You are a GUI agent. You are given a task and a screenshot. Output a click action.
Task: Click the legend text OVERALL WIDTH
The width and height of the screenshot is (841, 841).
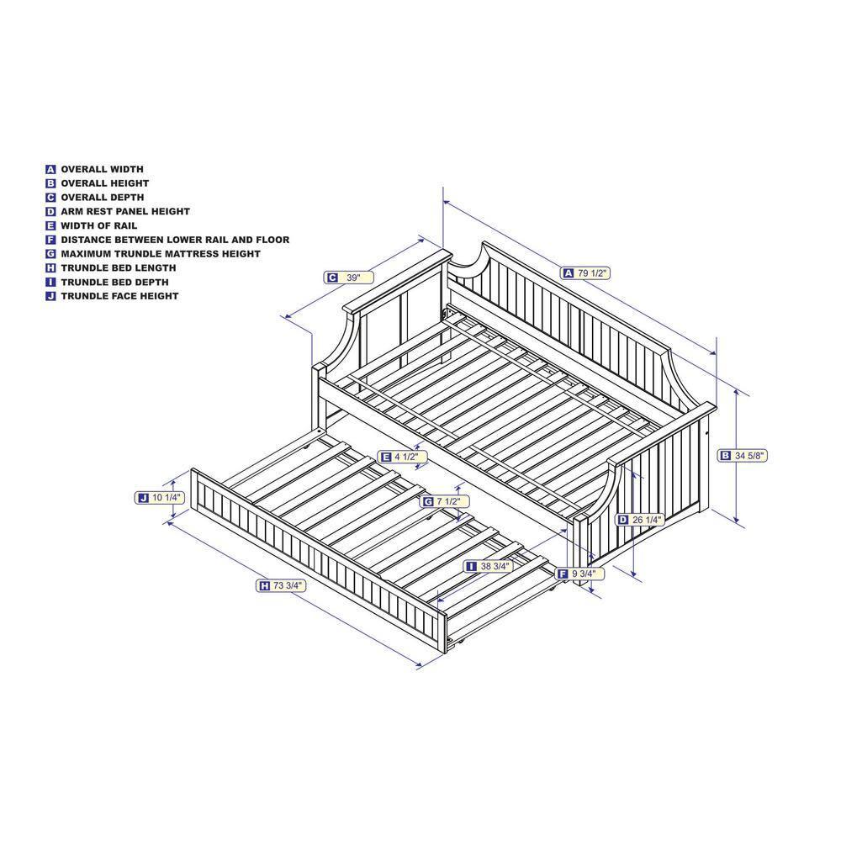click(x=102, y=169)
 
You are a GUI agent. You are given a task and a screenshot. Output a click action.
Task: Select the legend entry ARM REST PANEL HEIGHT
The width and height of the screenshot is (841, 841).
click(x=125, y=212)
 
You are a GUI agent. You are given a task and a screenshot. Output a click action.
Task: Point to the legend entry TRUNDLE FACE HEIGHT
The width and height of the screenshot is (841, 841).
click(x=119, y=296)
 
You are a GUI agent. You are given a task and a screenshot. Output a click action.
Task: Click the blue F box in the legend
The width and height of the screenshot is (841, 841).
click(x=51, y=240)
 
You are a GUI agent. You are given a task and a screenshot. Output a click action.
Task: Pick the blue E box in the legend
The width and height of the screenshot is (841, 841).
click(x=51, y=225)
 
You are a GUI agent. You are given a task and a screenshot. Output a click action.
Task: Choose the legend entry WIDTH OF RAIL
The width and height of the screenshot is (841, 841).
click(x=98, y=225)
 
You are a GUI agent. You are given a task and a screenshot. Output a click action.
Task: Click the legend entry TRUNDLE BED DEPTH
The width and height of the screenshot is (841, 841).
click(x=114, y=282)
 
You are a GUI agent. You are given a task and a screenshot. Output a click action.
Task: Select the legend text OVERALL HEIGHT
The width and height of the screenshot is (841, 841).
click(x=104, y=183)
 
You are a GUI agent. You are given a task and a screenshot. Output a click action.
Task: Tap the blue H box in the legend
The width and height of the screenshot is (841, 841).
click(x=51, y=268)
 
